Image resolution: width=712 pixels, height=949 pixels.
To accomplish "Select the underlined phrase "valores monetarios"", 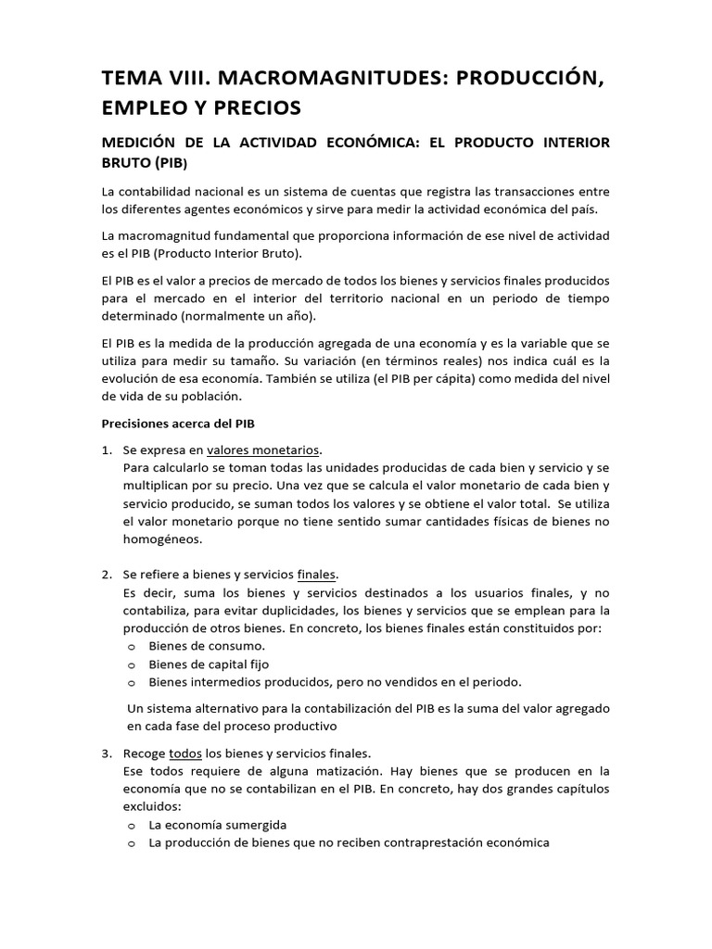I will [x=263, y=449].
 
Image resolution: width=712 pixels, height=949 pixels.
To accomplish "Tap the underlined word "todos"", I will [x=184, y=753].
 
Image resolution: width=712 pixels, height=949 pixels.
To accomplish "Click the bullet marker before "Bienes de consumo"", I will [x=131, y=646].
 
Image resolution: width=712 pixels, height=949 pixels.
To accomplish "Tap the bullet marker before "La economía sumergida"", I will [x=131, y=824].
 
